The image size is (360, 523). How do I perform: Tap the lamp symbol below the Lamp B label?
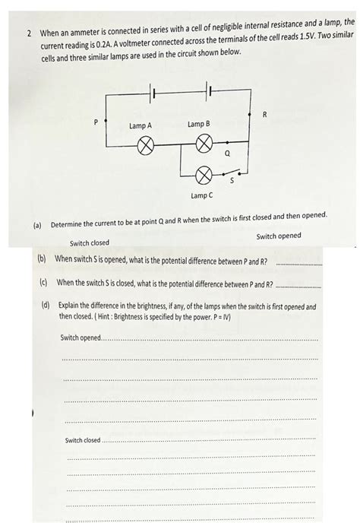pyautogui.click(x=203, y=143)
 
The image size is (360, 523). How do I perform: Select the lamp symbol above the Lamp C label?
pyautogui.click(x=203, y=176)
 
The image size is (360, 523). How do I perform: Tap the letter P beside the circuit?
pyautogui.click(x=96, y=122)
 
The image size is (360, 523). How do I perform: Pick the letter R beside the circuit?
pyautogui.click(x=264, y=115)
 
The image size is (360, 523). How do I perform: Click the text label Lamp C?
pyautogui.click(x=202, y=196)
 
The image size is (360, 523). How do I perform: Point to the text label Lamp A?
pyautogui.click(x=141, y=125)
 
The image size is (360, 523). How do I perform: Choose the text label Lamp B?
pyautogui.click(x=199, y=124)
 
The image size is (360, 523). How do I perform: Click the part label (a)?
pyautogui.click(x=36, y=226)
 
